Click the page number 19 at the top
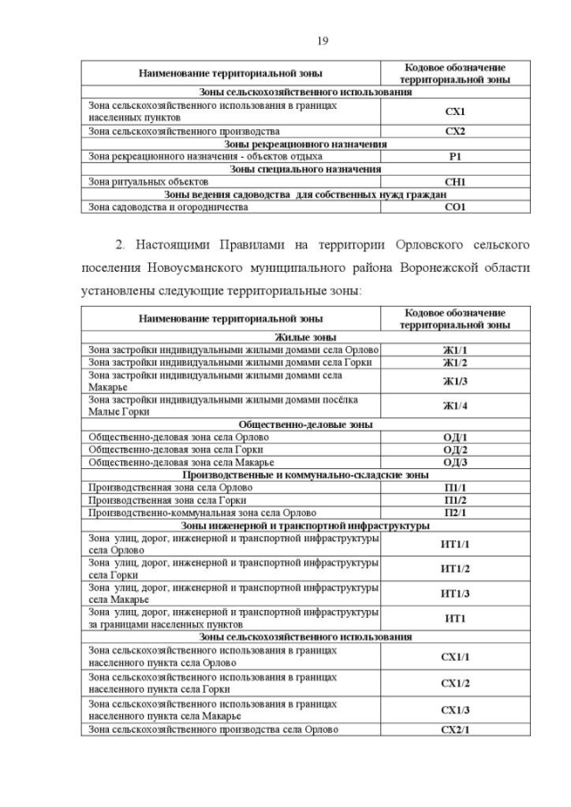coord(285,41)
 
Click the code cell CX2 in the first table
coord(455,130)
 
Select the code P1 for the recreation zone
coord(455,156)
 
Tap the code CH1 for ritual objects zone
coord(455,182)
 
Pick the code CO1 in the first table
coord(455,207)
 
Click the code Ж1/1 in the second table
coord(455,350)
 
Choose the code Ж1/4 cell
coord(455,406)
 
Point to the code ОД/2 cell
coord(455,450)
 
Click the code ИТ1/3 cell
coord(455,594)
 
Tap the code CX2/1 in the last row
coord(455,730)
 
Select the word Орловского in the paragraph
coord(394,243)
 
